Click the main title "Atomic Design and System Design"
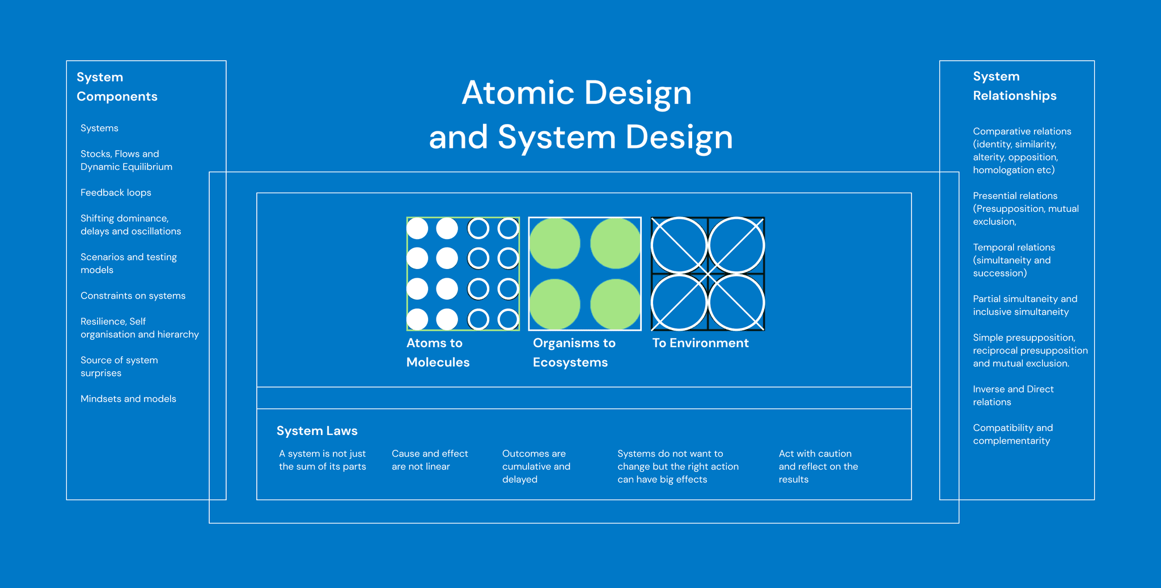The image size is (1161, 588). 580,114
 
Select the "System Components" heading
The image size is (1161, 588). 117,87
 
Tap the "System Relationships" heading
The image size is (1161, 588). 1015,86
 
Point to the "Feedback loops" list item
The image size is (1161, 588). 116,193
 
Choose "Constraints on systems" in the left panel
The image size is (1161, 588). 133,296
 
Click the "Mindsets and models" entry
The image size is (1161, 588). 128,399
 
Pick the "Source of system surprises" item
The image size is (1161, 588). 119,367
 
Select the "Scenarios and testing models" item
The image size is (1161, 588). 129,263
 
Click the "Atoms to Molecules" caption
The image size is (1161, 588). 438,352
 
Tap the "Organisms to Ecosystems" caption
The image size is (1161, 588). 574,352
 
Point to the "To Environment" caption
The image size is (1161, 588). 700,343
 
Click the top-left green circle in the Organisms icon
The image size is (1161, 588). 554,244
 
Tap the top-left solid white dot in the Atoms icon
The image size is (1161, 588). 417,228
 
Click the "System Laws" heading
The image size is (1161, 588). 317,431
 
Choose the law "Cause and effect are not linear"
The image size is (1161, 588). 430,460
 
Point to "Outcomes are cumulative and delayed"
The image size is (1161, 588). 536,466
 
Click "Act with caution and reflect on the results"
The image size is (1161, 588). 818,466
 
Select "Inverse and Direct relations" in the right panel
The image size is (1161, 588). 1013,395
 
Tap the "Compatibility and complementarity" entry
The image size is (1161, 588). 1012,434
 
